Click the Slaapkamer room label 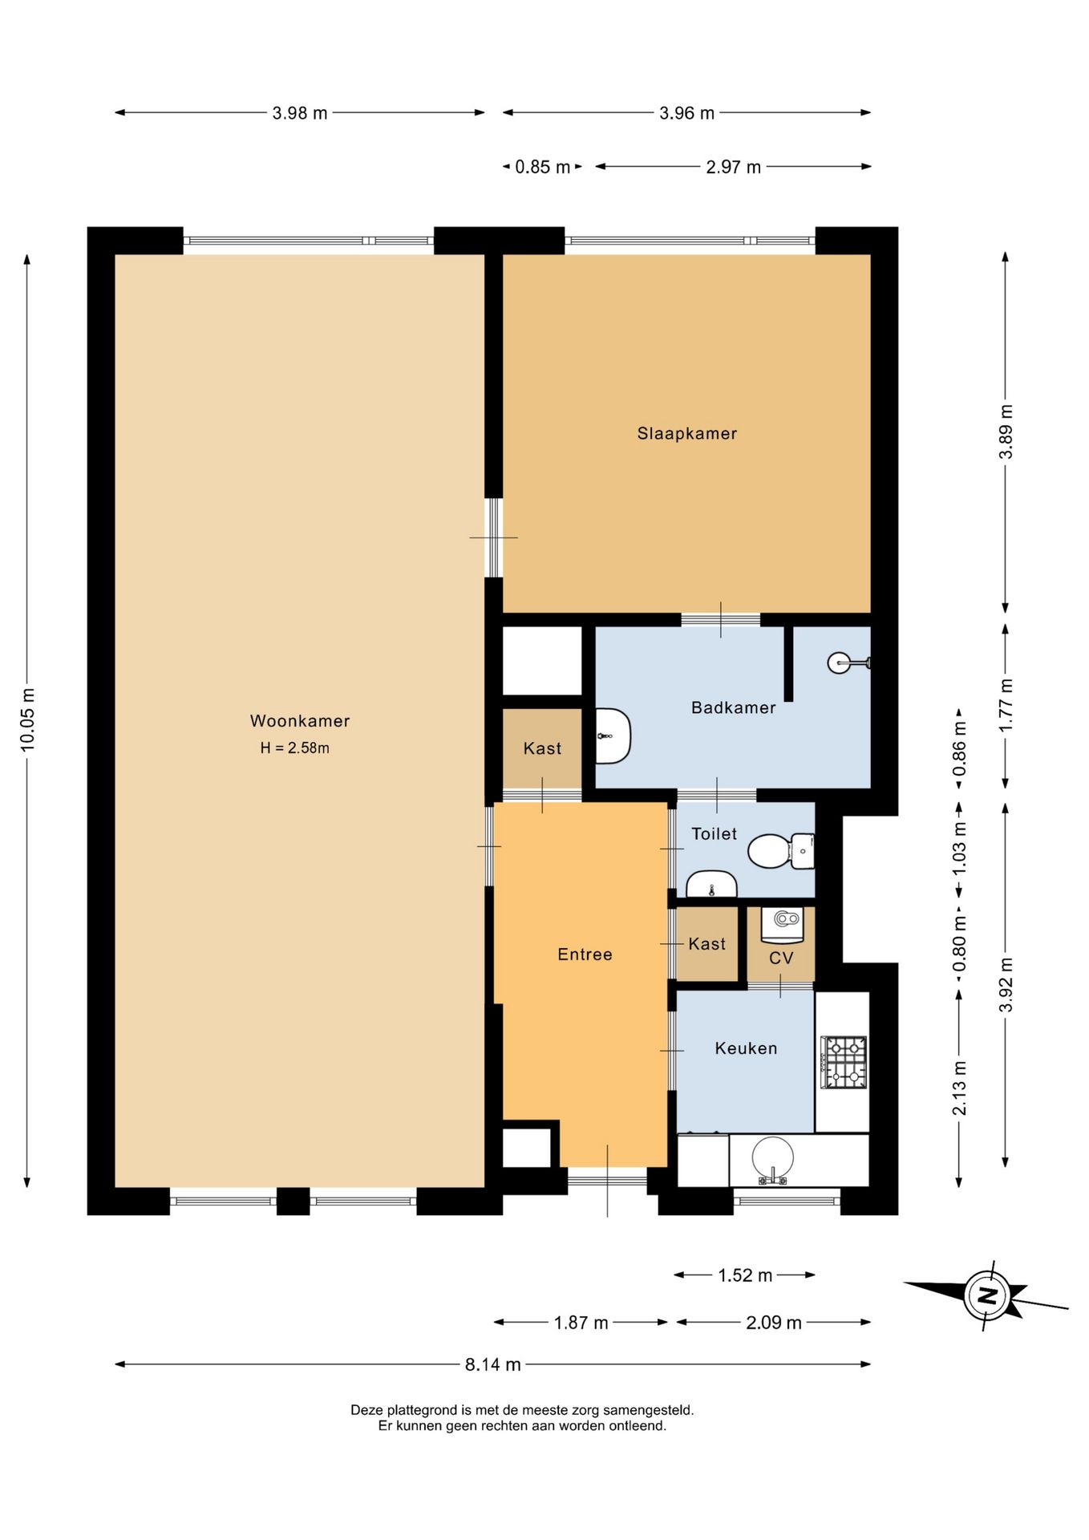(686, 434)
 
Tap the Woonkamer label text (300, 721)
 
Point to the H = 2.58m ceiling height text (295, 748)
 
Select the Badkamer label (733, 708)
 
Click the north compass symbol (986, 1295)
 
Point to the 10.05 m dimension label (28, 719)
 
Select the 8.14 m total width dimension (493, 1364)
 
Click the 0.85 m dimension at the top (543, 167)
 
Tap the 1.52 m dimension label (745, 1275)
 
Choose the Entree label (585, 954)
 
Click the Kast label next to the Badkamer (542, 748)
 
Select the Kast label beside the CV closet (706, 944)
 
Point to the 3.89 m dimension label (1006, 432)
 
